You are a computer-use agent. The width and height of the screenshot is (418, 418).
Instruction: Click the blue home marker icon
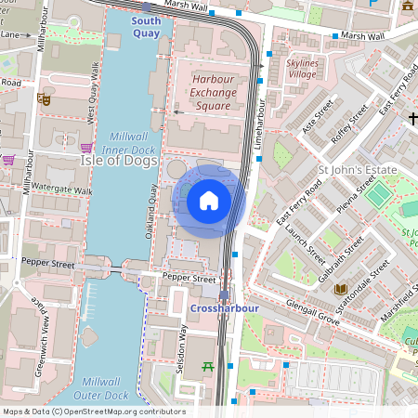click(209, 200)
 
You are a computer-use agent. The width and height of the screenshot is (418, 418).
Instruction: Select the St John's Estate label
click(357, 171)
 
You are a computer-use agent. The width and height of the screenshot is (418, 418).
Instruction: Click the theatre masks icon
click(43, 97)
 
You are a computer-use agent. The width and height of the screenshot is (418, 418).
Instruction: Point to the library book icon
click(339, 290)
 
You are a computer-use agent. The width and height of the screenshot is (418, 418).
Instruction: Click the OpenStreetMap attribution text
click(93, 411)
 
